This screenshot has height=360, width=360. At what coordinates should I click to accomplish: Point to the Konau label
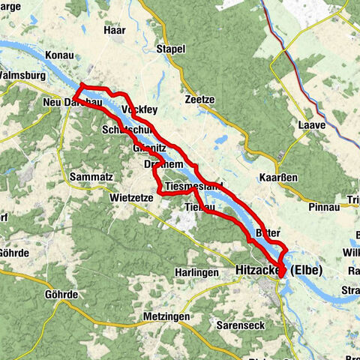[x=58, y=55]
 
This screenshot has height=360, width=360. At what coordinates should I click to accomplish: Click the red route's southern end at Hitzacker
[x=281, y=275]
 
